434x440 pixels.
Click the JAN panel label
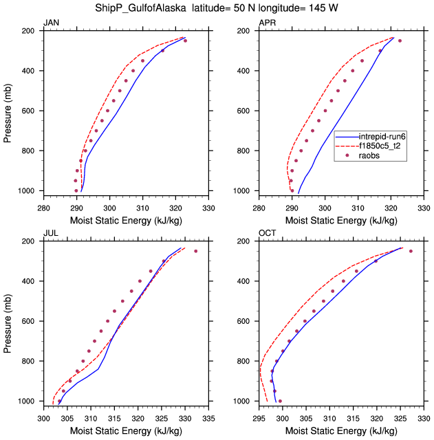tap(51, 23)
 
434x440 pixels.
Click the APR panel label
tap(267, 23)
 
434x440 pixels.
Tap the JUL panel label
tap(50, 233)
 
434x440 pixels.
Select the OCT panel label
tap(267, 233)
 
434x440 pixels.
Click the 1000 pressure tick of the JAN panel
tap(29, 190)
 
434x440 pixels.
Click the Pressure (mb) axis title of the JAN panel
tap(8, 111)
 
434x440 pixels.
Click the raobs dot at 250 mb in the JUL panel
tap(195, 251)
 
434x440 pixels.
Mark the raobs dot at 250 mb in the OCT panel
tap(411, 251)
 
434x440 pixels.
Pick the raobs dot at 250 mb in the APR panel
tap(400, 41)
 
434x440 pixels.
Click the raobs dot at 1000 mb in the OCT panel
tap(280, 401)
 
